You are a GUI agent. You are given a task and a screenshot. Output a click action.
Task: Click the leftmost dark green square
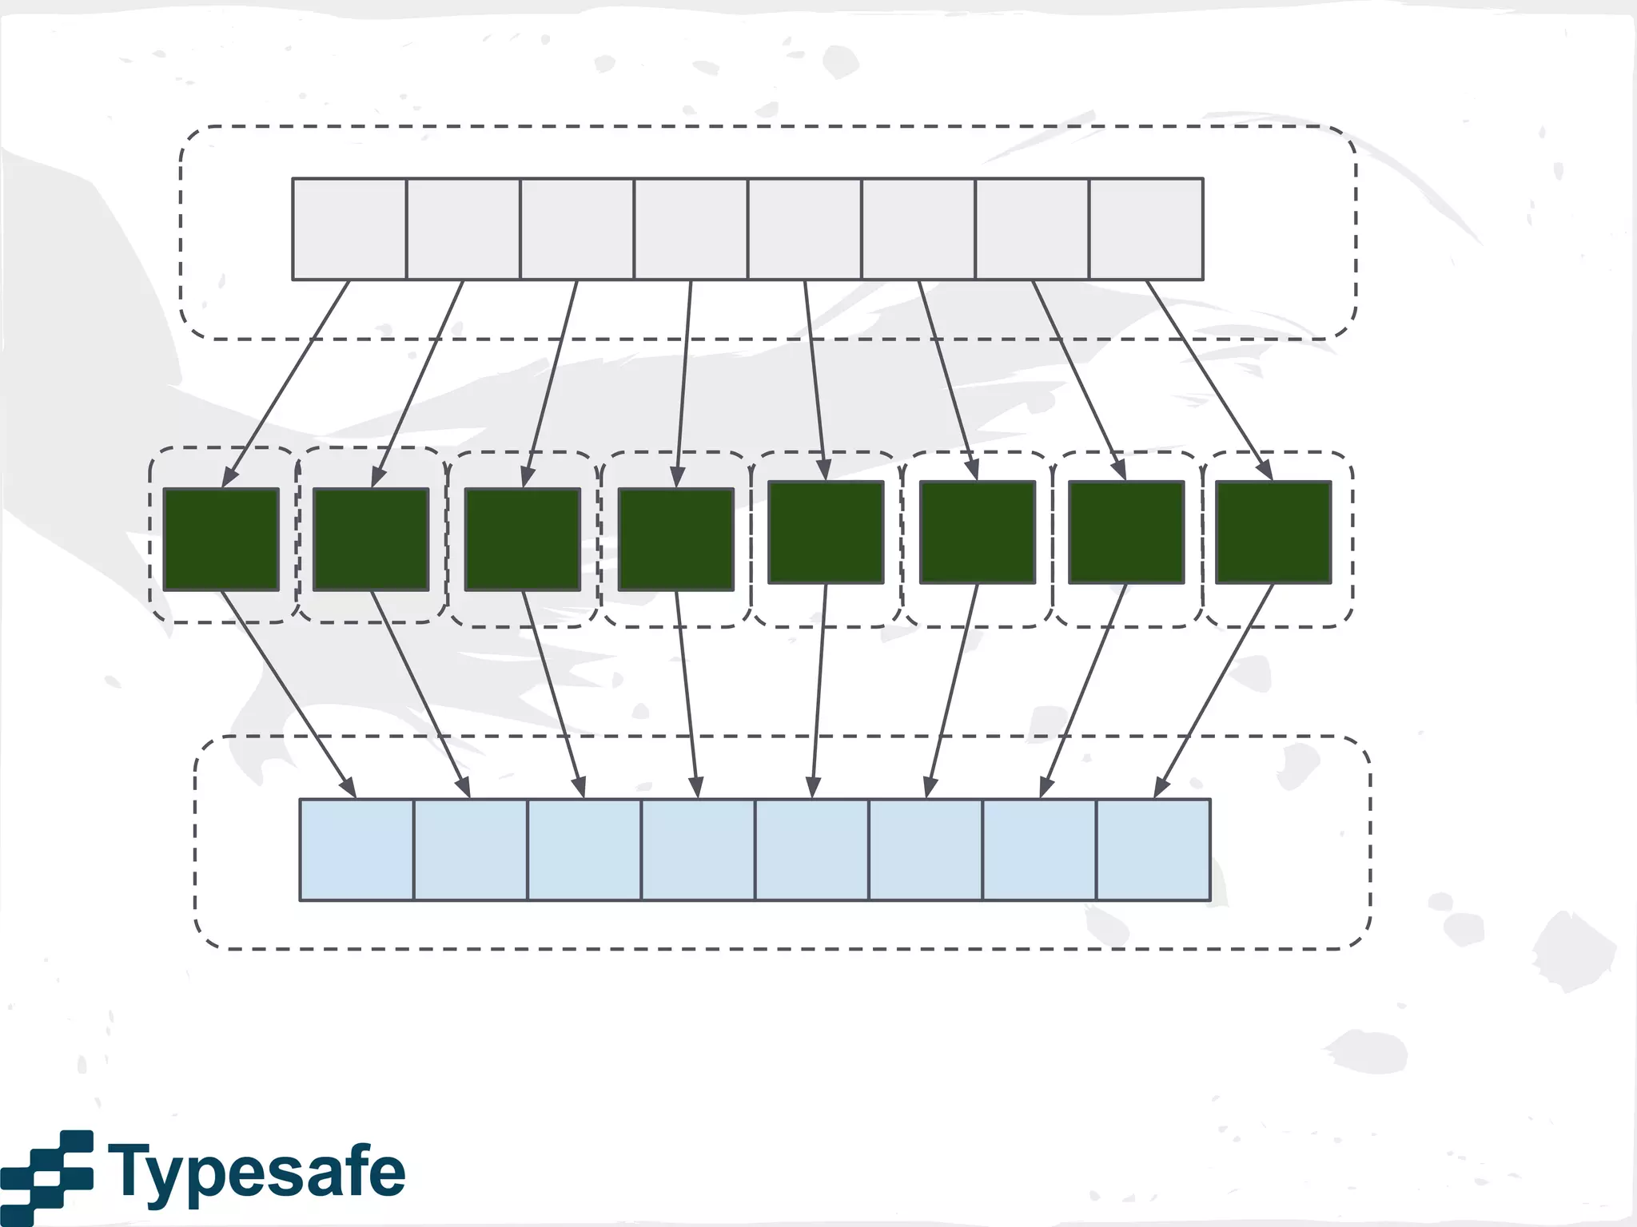coord(221,539)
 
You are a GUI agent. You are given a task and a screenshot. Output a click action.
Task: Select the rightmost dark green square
coord(1273,532)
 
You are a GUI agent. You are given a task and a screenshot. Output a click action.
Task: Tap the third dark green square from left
coord(523,539)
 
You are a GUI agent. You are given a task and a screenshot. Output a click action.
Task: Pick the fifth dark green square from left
coord(826,532)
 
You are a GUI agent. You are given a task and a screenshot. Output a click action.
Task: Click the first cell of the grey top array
coord(349,229)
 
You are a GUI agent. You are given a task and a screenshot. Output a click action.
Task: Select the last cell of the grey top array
coord(1145,229)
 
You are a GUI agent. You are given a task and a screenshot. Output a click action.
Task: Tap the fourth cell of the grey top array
coord(691,229)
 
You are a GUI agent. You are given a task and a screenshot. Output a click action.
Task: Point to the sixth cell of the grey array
coord(918,229)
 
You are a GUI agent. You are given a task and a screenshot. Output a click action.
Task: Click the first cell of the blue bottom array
coord(356,849)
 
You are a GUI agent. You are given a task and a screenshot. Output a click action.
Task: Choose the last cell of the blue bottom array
coord(1153,849)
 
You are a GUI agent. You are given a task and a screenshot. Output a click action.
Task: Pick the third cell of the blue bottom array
coord(584,849)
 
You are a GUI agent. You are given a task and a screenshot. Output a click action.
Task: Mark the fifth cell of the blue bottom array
coord(811,849)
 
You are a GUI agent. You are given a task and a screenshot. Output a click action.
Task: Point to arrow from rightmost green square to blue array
coord(1213,692)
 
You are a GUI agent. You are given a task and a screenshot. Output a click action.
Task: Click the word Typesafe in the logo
coord(256,1172)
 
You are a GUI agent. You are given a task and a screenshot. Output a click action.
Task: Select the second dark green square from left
coord(371,539)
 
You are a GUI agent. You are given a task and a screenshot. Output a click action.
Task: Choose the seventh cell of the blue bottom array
coord(1039,849)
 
